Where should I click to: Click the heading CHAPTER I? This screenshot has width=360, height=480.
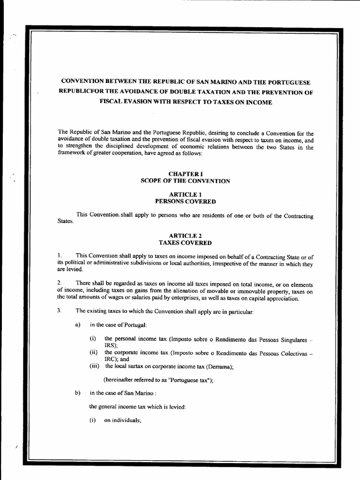pyautogui.click(x=185, y=174)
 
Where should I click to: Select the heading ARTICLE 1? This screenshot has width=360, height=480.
pyautogui.click(x=185, y=194)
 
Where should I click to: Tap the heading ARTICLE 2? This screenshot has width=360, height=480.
pyautogui.click(x=185, y=236)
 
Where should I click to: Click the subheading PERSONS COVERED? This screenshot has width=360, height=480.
pyautogui.click(x=185, y=201)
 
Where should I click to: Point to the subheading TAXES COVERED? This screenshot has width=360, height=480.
pyautogui.click(x=185, y=243)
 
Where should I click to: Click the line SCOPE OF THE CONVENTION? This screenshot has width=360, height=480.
pyautogui.click(x=185, y=181)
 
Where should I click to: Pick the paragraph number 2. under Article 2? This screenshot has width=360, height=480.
pyautogui.click(x=59, y=283)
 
